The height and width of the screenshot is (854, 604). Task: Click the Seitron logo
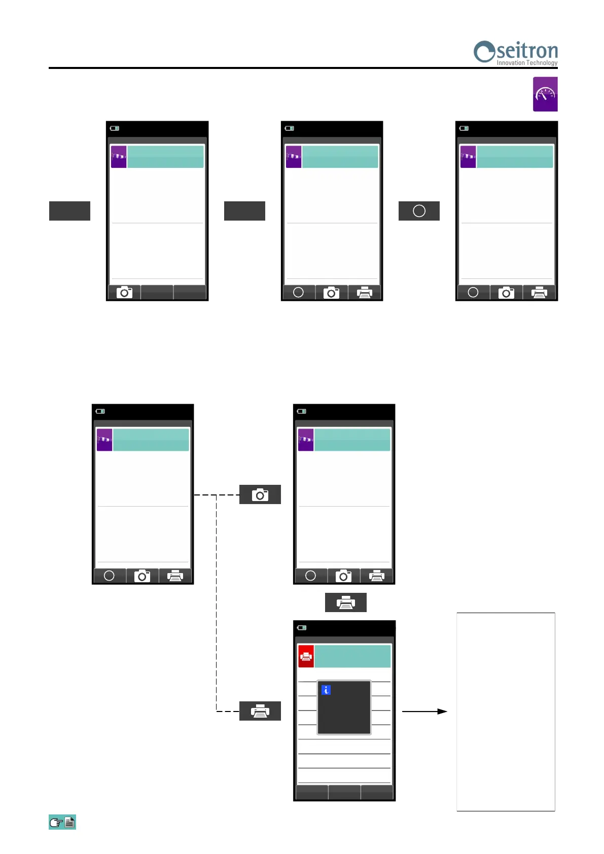[x=515, y=52]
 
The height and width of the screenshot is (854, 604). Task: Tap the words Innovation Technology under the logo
[x=526, y=63]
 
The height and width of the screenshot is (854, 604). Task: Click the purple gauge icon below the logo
[x=545, y=94]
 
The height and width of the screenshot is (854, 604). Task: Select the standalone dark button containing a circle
[x=419, y=211]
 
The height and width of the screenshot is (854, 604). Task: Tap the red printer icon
[x=306, y=656]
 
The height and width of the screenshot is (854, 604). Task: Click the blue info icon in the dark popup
[x=326, y=690]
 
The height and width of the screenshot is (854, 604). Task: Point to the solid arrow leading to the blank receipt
[x=424, y=711]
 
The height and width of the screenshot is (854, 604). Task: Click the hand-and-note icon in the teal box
[x=62, y=822]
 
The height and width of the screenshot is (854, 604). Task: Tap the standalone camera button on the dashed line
[x=260, y=494]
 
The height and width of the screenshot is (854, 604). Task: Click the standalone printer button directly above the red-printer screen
[x=345, y=602]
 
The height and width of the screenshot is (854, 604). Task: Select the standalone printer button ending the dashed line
[x=260, y=711]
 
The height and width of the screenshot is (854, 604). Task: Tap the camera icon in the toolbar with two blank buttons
[x=124, y=293]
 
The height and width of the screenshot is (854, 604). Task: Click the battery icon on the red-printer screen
[x=302, y=628]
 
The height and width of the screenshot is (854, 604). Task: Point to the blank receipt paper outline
[x=506, y=711]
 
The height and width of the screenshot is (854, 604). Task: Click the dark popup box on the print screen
[x=344, y=707]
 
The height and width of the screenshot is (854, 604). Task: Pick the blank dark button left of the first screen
[x=69, y=211]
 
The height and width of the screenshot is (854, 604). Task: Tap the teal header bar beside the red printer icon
[x=352, y=656]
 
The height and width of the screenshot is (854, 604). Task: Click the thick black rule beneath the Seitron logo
[x=303, y=68]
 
